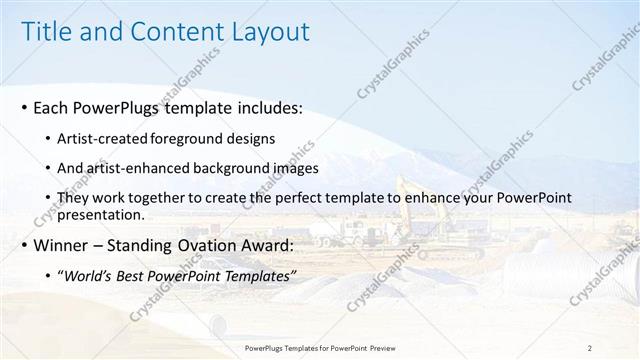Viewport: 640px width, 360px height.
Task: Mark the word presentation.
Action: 101,214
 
